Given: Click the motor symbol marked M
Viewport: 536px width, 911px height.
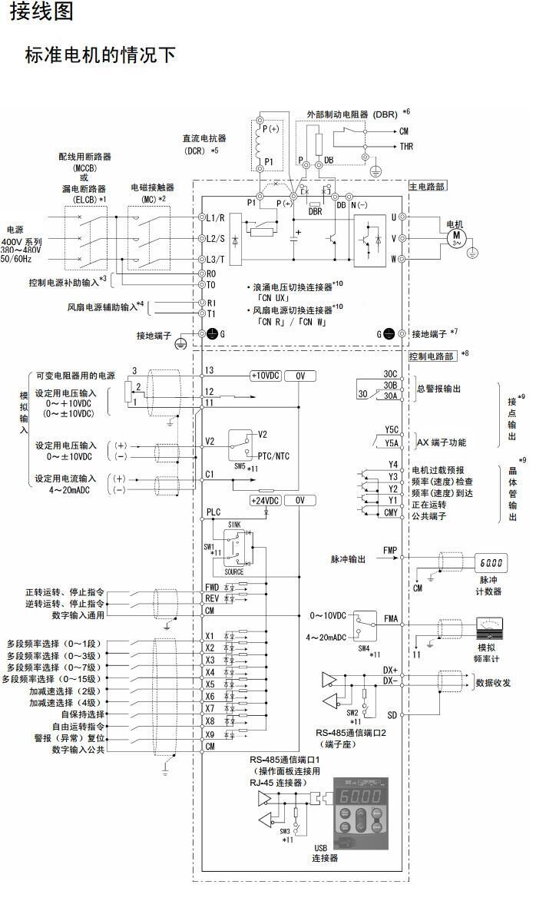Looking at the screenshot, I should click(458, 237).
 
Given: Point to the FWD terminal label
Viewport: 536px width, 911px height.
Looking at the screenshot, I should click(212, 587).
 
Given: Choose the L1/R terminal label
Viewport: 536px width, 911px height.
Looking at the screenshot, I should click(215, 219).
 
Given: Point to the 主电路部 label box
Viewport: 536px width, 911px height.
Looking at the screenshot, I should click(428, 186).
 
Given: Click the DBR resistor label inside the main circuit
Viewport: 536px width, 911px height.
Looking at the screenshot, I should click(315, 211).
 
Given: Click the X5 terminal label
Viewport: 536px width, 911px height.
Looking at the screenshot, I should click(210, 683).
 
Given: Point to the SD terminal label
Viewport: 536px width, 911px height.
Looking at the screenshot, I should click(392, 714).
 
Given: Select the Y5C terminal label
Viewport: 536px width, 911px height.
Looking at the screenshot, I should click(392, 431).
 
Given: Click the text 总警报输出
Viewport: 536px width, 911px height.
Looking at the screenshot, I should click(440, 389).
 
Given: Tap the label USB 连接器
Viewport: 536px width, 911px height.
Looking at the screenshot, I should click(326, 853).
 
